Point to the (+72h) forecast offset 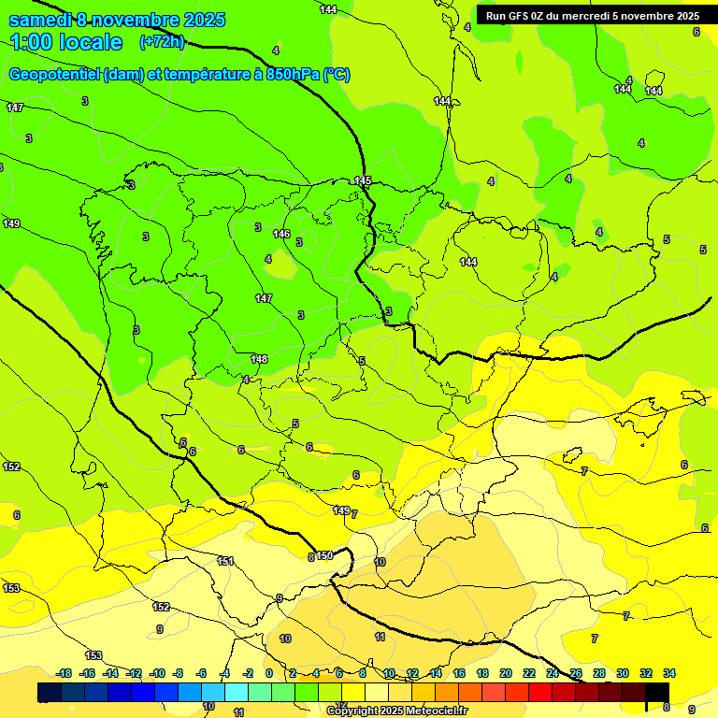click(x=162, y=42)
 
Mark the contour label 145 click(x=363, y=180)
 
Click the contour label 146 click(x=280, y=234)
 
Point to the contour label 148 click(x=259, y=359)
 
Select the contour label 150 click(x=324, y=555)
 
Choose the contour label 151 click(x=225, y=561)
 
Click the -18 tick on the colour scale click(x=65, y=673)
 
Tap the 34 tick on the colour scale click(x=669, y=673)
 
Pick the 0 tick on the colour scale click(x=269, y=673)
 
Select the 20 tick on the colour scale click(x=505, y=673)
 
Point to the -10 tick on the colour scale click(x=157, y=673)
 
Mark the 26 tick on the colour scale click(x=575, y=673)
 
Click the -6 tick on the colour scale click(x=202, y=673)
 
